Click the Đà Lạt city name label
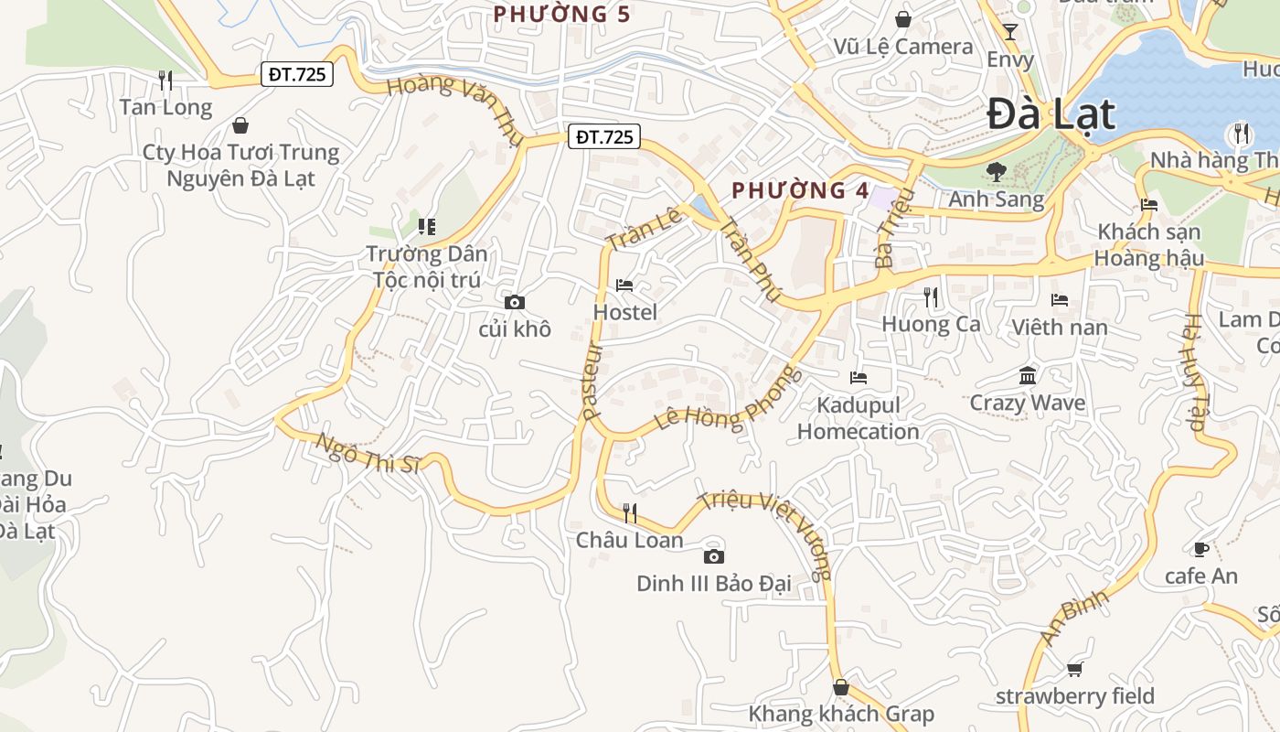(1051, 115)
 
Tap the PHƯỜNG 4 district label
(800, 190)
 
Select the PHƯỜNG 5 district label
(561, 14)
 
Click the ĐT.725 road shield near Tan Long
(298, 74)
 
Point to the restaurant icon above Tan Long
(165, 81)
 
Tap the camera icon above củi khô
(515, 302)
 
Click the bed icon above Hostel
(624, 285)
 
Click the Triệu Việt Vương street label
(766, 535)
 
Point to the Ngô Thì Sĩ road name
(368, 454)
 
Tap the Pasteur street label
(592, 381)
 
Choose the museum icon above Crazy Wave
(1028, 376)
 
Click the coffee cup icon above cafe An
(1200, 549)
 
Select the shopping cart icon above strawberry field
(1075, 670)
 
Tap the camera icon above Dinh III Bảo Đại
(714, 556)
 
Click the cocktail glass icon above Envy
(1010, 33)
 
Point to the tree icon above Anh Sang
(996, 171)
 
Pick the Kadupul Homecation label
(858, 418)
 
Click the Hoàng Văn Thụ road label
(454, 111)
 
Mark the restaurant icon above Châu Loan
(629, 512)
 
